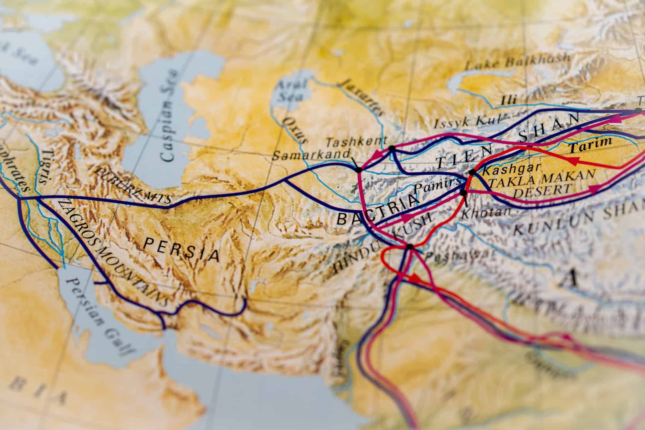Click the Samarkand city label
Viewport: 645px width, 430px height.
tap(311, 155)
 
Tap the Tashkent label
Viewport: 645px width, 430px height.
tap(356, 141)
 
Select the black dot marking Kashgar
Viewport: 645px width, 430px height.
tap(472, 172)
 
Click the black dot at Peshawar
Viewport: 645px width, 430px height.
tap(410, 247)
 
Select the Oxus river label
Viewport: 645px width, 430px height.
tap(294, 130)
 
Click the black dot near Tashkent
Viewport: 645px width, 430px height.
tap(392, 148)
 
